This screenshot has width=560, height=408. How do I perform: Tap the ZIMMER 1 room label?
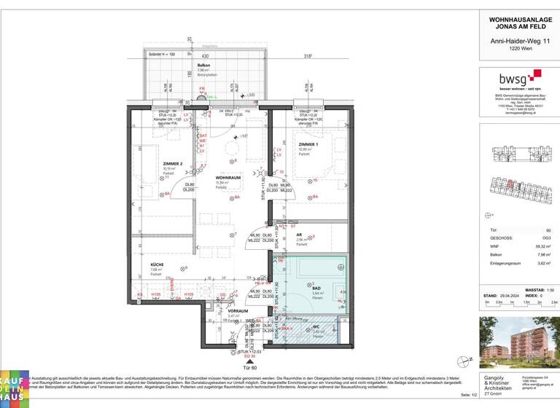pos(307,144)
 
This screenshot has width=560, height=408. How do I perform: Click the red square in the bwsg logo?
pos(537,74)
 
